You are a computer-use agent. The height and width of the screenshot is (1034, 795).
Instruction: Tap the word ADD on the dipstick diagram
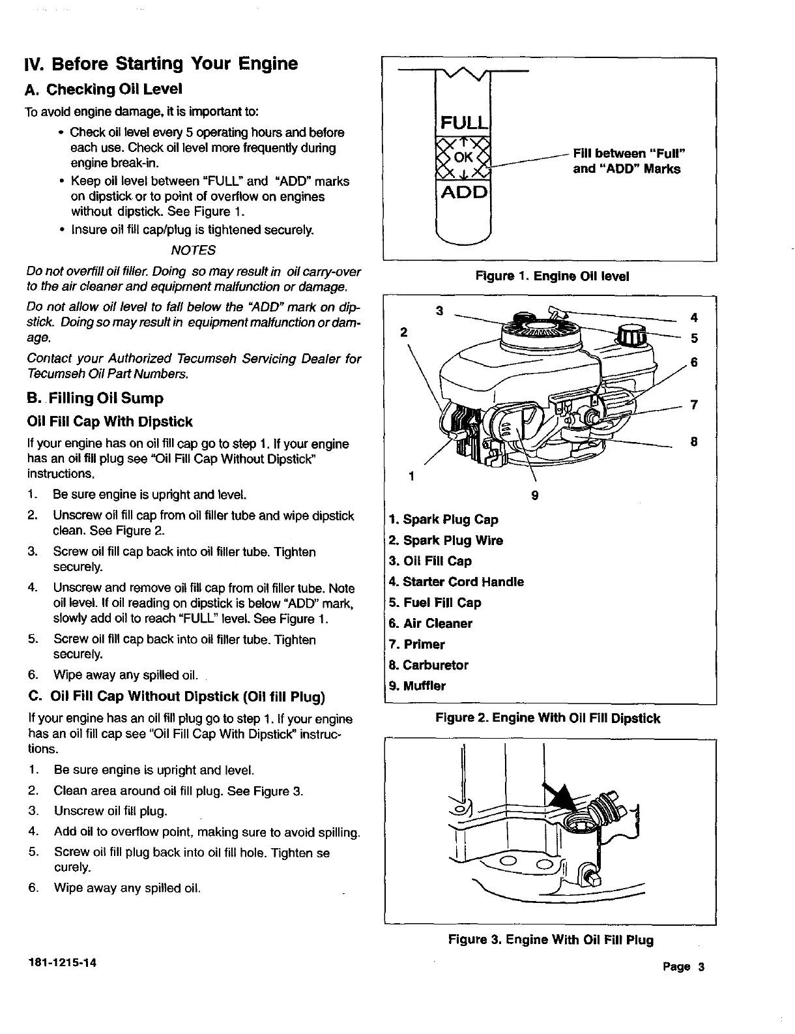coord(463,192)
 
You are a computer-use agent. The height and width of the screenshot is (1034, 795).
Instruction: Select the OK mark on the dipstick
coord(463,158)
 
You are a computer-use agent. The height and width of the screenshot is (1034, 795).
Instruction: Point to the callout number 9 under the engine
coord(534,495)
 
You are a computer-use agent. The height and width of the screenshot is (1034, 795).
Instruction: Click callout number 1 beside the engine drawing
coord(411,475)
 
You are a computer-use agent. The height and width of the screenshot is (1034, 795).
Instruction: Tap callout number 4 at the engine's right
coord(694,318)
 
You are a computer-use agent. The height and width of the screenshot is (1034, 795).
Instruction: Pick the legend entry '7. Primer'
coord(416,644)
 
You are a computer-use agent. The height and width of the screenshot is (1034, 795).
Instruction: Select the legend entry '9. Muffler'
coord(417,686)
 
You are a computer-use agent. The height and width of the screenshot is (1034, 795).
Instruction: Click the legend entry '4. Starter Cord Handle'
coord(456,582)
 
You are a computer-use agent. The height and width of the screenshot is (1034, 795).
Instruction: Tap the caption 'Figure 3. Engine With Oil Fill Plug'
coord(551,939)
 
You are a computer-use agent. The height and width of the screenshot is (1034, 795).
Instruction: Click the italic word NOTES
coord(193,250)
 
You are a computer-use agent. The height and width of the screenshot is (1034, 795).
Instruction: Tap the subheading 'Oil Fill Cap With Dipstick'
coord(110,422)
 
